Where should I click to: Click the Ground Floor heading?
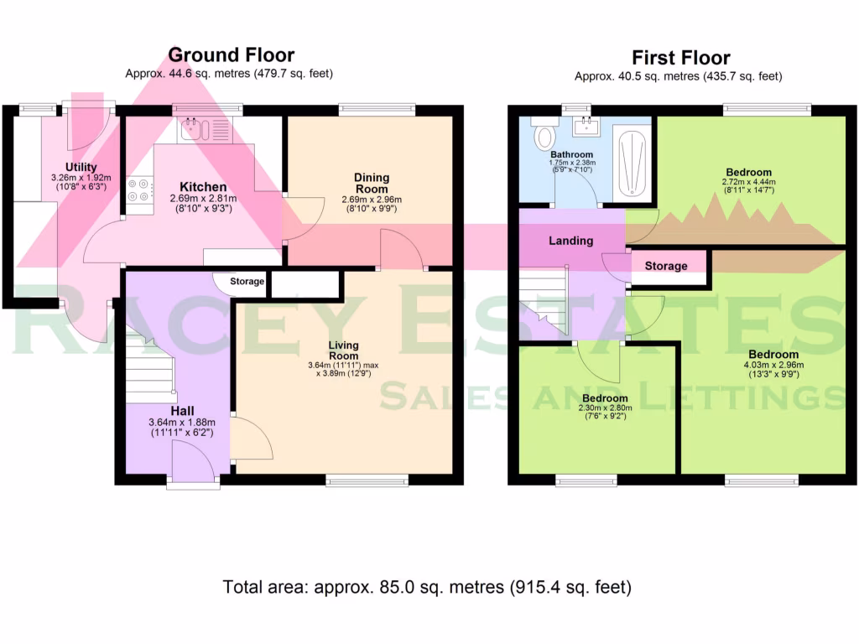pos(231,55)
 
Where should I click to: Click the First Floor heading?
pos(680,58)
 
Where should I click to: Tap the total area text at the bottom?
pos(427,587)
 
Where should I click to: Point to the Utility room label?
pos(81,168)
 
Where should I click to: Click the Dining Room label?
pos(372,183)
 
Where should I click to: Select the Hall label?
pos(183,411)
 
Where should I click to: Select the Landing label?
pos(570,241)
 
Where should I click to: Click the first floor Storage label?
pos(666,266)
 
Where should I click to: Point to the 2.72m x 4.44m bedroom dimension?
pos(748,182)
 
